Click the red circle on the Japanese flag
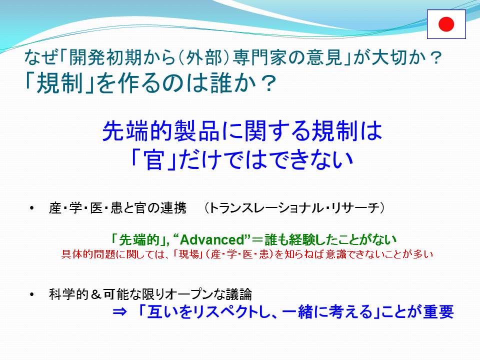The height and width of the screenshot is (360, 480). tap(446, 24)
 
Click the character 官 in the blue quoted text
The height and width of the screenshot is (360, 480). tap(154, 160)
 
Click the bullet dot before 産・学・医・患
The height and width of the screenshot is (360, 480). tap(32, 208)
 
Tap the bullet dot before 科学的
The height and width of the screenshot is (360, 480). tap(32, 294)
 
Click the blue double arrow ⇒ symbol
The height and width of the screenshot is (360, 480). tap(119, 312)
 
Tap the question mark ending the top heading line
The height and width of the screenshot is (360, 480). tap(434, 57)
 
